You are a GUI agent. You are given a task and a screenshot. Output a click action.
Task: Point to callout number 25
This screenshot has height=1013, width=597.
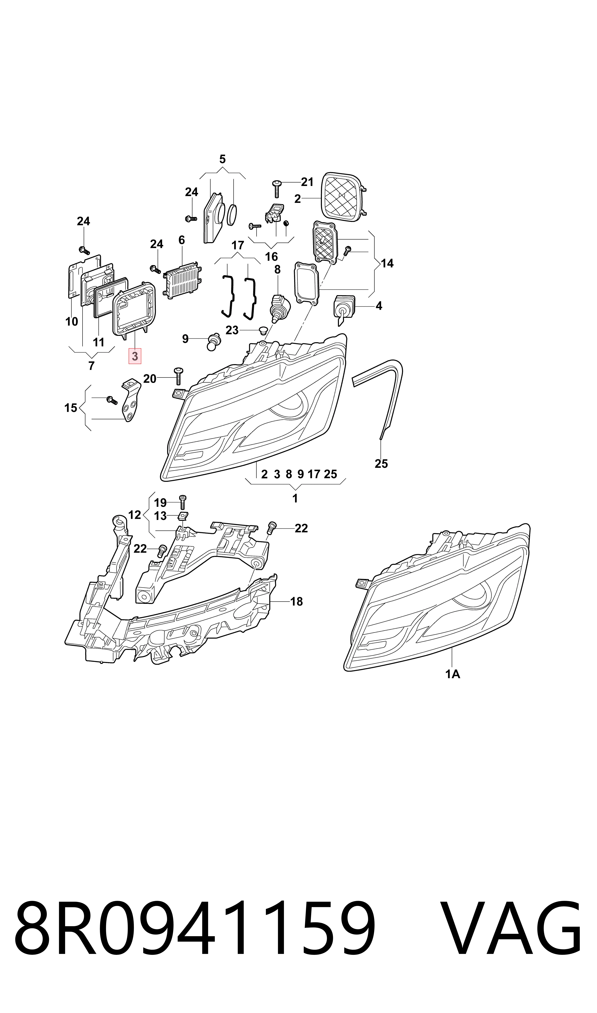[381, 464]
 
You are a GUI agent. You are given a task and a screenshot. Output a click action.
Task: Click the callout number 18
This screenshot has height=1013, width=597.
[296, 601]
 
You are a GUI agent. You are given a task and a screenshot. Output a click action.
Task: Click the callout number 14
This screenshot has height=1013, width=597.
[387, 263]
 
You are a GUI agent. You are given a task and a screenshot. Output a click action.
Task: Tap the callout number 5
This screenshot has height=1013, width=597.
[222, 159]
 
